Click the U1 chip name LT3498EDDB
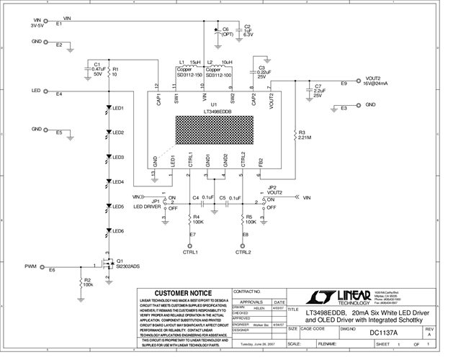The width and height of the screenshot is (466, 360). coord(217,112)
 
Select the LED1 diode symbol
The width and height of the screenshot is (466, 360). coord(108,108)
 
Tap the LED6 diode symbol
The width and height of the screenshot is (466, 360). coord(108,231)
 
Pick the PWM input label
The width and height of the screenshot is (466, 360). coord(30,266)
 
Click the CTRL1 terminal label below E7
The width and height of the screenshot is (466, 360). coord(191,253)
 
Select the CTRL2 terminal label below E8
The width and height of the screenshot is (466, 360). coord(243,253)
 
